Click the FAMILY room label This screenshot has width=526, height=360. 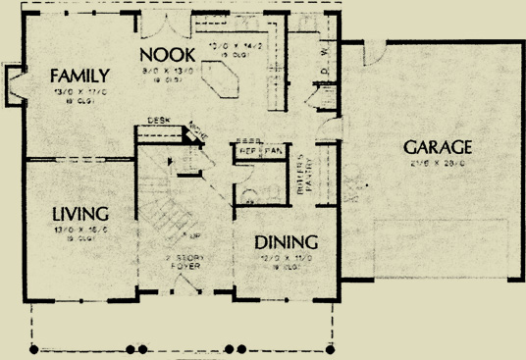[80, 76]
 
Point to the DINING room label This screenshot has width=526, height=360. [286, 241]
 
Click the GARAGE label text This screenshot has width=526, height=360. [438, 147]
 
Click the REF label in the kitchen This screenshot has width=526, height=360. [245, 150]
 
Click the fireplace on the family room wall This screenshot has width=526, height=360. [15, 82]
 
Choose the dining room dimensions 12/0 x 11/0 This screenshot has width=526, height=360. [285, 257]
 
